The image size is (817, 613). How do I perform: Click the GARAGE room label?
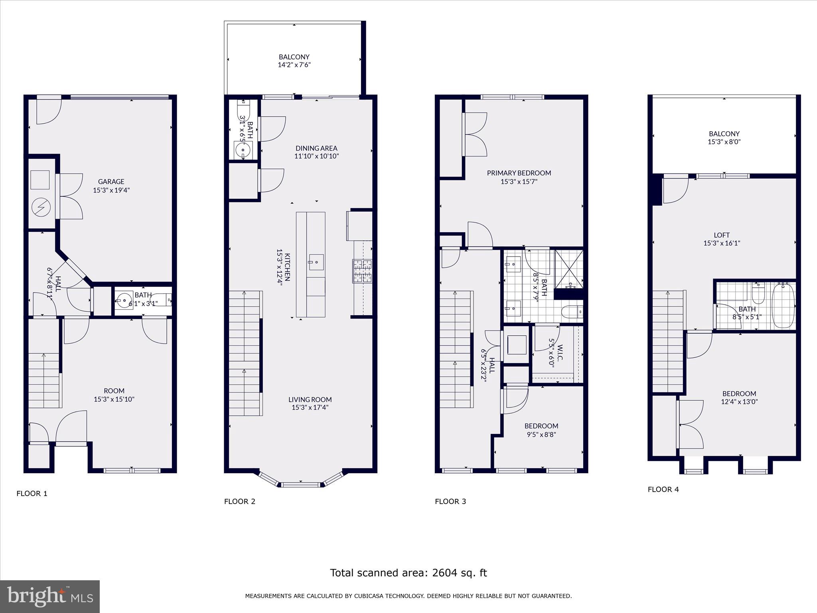(x=111, y=182)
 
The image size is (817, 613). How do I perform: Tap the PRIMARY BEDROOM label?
(x=519, y=173)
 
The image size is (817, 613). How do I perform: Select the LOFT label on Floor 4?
(x=722, y=235)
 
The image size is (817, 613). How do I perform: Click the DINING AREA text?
(x=316, y=148)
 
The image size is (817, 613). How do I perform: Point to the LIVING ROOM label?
(x=310, y=399)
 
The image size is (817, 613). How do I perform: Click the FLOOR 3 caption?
(x=450, y=501)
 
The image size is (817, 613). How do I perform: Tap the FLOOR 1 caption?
(x=32, y=493)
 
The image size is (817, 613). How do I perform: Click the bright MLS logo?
(x=50, y=596)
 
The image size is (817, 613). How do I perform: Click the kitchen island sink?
(x=316, y=262)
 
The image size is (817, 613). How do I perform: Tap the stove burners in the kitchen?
(x=362, y=271)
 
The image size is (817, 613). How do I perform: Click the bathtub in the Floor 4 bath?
(x=783, y=305)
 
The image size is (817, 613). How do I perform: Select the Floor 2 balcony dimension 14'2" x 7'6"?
(x=294, y=65)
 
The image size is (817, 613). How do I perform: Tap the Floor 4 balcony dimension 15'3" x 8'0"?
(x=724, y=142)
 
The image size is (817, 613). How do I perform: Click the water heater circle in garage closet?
(x=41, y=207)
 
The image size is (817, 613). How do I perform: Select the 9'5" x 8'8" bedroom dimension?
(x=541, y=434)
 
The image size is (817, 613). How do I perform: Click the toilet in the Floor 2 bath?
(x=243, y=110)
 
